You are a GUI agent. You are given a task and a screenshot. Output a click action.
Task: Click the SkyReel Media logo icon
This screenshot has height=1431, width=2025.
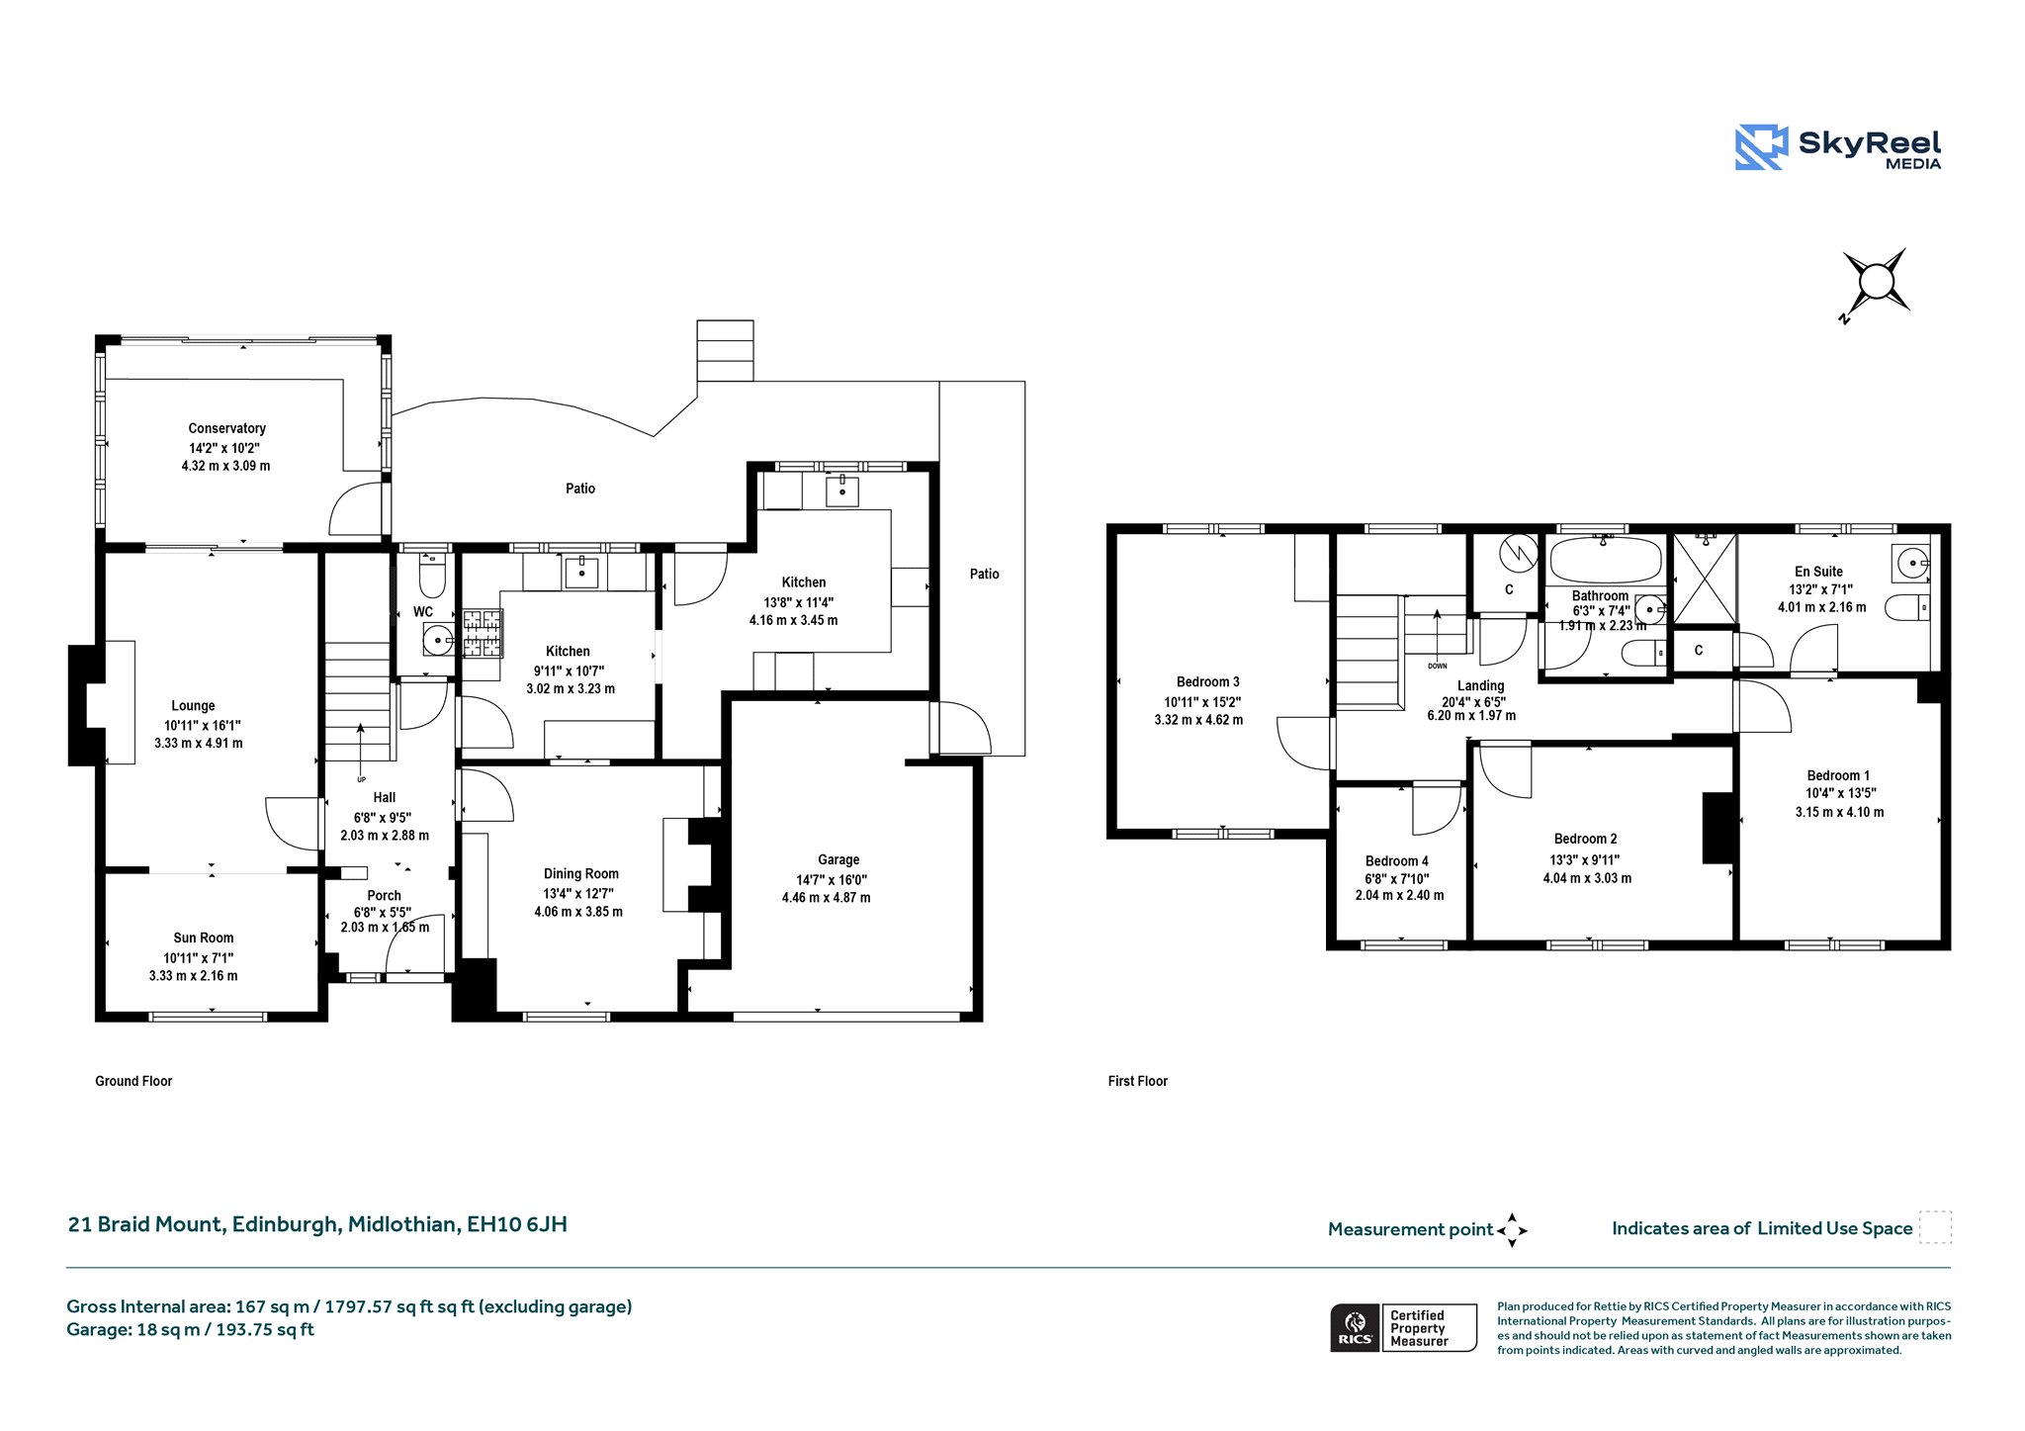[1761, 147]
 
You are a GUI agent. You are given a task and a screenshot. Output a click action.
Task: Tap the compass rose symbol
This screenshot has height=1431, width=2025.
[1875, 284]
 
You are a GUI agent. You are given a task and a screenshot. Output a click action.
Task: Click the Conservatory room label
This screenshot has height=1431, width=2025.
[226, 428]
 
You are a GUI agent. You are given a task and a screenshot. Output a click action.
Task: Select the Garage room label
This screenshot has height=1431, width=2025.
[838, 859]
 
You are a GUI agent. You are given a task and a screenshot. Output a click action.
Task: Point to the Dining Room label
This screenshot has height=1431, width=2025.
[581, 873]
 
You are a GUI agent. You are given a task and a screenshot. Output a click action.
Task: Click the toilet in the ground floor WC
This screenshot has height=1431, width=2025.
[433, 573]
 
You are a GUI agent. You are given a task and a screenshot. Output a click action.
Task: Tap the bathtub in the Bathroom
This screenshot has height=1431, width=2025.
[1606, 560]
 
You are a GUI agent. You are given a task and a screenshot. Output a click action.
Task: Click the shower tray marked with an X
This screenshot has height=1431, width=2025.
[1704, 580]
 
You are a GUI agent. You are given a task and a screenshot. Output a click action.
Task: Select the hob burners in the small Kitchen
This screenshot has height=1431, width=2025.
[483, 634]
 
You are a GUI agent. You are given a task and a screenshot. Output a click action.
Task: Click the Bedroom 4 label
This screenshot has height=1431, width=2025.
[1396, 861]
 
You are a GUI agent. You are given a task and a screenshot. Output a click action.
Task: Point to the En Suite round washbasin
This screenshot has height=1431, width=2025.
[1910, 564]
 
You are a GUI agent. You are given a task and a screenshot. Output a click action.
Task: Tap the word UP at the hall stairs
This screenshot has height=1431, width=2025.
[361, 779]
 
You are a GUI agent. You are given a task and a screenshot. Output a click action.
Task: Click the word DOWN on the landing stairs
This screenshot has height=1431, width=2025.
[1437, 666]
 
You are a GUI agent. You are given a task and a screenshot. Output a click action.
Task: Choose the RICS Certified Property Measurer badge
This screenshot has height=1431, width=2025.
[1403, 1327]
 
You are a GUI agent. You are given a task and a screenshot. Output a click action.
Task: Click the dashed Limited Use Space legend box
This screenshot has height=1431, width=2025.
[1935, 1227]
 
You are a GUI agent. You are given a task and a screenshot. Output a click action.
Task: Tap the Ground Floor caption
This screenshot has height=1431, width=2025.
[133, 1081]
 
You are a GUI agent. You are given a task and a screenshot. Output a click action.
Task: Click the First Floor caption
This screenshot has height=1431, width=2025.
[1137, 1081]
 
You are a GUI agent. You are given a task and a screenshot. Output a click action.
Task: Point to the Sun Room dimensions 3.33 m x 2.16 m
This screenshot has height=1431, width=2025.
[193, 975]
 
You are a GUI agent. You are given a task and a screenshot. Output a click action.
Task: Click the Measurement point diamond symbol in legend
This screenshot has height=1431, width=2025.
[1512, 1230]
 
